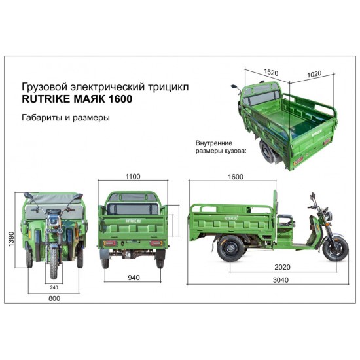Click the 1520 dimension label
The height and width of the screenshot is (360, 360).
271,72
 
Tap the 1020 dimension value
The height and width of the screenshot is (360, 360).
314,74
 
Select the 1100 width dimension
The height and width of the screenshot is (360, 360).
133,177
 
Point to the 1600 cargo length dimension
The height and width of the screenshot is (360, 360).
236,177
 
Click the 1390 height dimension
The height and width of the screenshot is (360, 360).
11,239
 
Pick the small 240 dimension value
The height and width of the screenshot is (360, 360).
54,287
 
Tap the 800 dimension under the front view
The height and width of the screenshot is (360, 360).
54,298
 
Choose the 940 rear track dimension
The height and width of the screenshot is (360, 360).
134,278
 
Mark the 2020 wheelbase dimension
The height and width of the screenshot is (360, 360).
282,267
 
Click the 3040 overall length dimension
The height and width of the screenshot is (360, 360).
281,280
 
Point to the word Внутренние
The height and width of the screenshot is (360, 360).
214,143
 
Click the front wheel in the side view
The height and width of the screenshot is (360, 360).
335,249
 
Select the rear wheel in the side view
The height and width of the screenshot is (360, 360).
231,248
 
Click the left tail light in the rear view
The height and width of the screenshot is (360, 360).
110,243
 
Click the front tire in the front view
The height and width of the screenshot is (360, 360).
54,264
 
